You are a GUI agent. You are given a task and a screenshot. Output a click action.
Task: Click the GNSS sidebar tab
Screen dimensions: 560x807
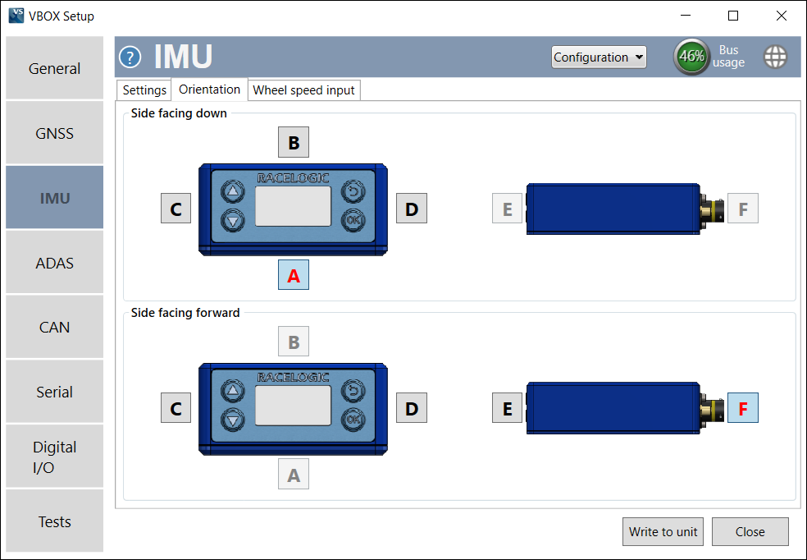[54, 133]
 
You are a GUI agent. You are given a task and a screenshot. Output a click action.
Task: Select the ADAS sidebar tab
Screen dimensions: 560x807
[54, 263]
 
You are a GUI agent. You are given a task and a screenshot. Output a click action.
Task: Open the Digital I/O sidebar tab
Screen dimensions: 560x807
[54, 457]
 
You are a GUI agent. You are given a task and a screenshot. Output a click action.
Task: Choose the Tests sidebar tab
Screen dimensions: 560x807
[54, 521]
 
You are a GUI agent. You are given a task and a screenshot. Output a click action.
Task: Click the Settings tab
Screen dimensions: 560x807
[144, 90]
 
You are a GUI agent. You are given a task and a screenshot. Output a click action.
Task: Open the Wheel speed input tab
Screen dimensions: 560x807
[303, 90]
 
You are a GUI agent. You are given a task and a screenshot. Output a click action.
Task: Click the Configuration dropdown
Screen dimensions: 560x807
[599, 57]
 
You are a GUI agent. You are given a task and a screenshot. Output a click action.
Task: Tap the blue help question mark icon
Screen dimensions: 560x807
[130, 57]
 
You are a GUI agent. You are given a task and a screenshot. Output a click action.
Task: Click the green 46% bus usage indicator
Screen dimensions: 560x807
[691, 57]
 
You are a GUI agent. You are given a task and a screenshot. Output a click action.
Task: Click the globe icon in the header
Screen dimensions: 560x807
[775, 57]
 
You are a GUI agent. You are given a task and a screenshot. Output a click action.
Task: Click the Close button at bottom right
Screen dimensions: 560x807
[750, 531]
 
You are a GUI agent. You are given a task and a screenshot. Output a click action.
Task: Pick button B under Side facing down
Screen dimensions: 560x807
[294, 143]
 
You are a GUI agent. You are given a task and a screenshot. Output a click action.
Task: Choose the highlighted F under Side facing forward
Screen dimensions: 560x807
[743, 408]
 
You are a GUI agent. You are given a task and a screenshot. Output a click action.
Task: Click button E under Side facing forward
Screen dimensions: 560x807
[508, 408]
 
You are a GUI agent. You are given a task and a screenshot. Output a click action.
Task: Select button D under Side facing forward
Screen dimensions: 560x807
[412, 408]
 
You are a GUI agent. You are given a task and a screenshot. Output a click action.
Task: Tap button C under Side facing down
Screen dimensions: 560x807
[176, 209]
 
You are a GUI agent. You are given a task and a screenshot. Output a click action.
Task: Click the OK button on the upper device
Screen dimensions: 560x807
[353, 220]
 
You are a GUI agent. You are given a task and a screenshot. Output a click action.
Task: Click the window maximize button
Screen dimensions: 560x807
[733, 16]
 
